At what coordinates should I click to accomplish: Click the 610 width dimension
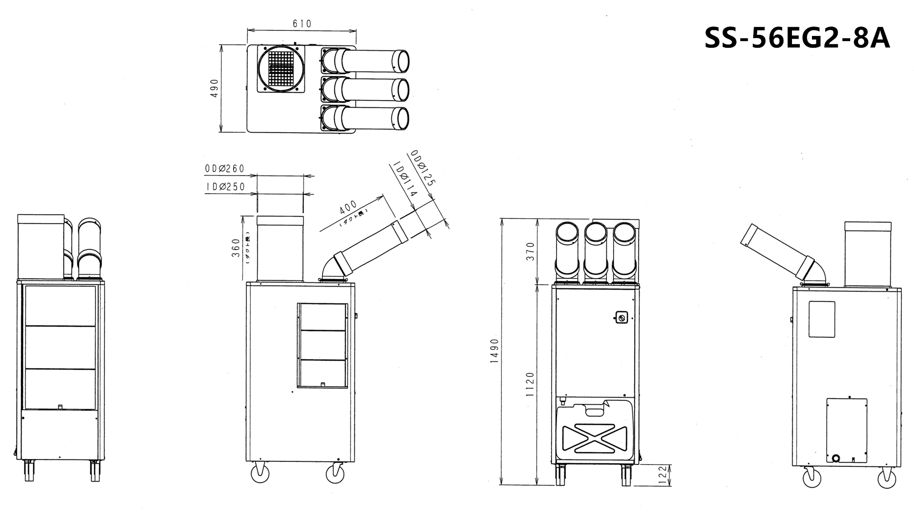point(302,24)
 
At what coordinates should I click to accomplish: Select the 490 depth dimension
point(214,88)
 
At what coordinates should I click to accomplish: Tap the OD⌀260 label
point(224,169)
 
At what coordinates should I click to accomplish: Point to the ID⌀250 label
point(225,187)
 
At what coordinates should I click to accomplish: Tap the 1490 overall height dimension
point(494,351)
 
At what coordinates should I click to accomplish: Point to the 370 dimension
point(530,252)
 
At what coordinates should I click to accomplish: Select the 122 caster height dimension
point(662,474)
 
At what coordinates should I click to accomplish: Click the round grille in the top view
point(281,69)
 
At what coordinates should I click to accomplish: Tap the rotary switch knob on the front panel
point(621,318)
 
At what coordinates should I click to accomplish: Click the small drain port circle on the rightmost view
point(836,458)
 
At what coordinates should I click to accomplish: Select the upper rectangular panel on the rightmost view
point(822,319)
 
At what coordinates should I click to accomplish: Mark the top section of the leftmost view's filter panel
point(60,306)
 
